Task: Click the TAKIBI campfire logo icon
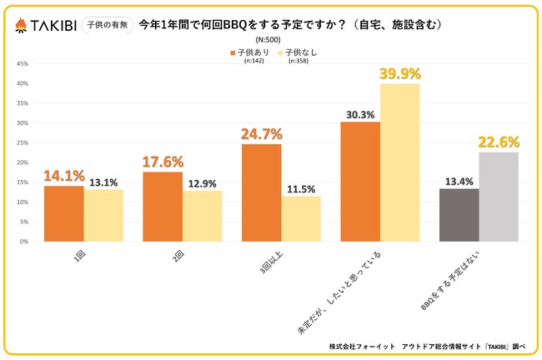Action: point(18,26)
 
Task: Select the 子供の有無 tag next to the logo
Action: point(106,25)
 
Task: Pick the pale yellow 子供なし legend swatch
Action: point(282,52)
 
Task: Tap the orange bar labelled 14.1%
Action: point(64,214)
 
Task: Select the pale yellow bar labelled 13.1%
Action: point(103,216)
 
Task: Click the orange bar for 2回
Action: point(163,207)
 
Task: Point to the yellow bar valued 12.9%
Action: point(203,216)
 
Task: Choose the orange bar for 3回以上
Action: point(261,192)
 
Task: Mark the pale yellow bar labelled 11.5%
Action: point(301,219)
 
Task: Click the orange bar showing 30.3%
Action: point(359,182)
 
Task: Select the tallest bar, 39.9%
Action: point(399,162)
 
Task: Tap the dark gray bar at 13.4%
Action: point(459,215)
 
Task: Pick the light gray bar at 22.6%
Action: point(498,197)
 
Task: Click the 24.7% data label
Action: point(262,133)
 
